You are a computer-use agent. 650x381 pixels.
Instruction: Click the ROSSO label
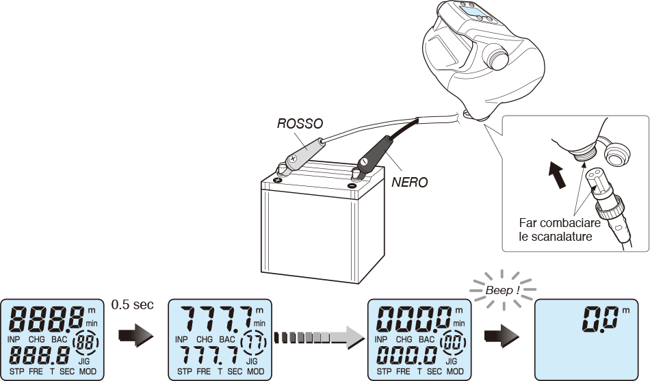(x=300, y=123)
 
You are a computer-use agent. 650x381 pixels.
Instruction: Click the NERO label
(x=409, y=183)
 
